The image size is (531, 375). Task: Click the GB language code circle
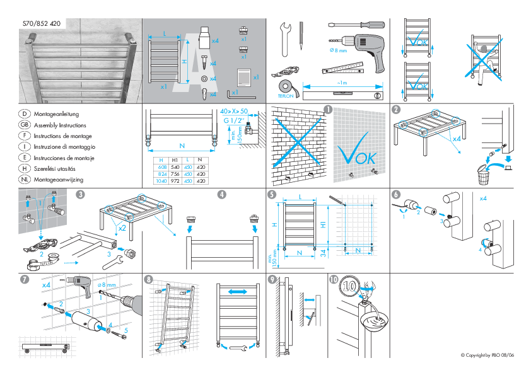click(23, 125)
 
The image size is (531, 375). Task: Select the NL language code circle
click(23, 180)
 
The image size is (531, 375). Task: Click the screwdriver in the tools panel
click(356, 25)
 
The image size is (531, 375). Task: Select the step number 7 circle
click(24, 279)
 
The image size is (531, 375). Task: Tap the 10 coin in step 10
click(349, 289)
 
